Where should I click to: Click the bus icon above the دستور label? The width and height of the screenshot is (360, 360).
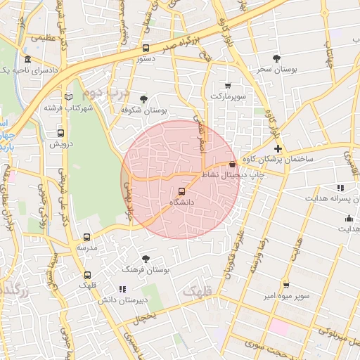[x=146, y=49]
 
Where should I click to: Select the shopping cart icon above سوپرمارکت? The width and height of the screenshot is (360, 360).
[x=227, y=85]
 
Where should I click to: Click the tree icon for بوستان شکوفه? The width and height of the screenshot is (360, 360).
[x=144, y=99]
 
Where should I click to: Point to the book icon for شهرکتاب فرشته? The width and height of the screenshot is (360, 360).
[x=67, y=97]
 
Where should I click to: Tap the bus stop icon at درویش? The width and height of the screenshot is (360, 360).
[x=60, y=132]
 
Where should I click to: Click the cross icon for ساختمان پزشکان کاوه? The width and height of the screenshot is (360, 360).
[x=278, y=148]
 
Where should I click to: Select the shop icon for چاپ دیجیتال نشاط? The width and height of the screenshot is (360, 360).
[x=233, y=164]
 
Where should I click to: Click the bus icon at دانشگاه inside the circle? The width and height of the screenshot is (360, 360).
[x=182, y=191]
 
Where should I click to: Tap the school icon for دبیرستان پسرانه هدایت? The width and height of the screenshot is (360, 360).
[x=340, y=188]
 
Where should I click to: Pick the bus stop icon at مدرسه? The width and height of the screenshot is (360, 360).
[x=87, y=238]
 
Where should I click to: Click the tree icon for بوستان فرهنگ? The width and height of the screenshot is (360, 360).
[x=146, y=259]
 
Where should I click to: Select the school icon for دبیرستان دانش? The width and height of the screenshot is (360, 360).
[x=122, y=288]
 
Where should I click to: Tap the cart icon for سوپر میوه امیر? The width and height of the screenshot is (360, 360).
[x=285, y=285]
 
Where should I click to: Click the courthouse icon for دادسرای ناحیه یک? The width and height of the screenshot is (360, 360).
[x=27, y=59]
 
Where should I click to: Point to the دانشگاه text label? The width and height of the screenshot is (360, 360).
[x=182, y=202]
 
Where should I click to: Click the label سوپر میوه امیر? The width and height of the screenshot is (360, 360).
[x=285, y=296]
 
